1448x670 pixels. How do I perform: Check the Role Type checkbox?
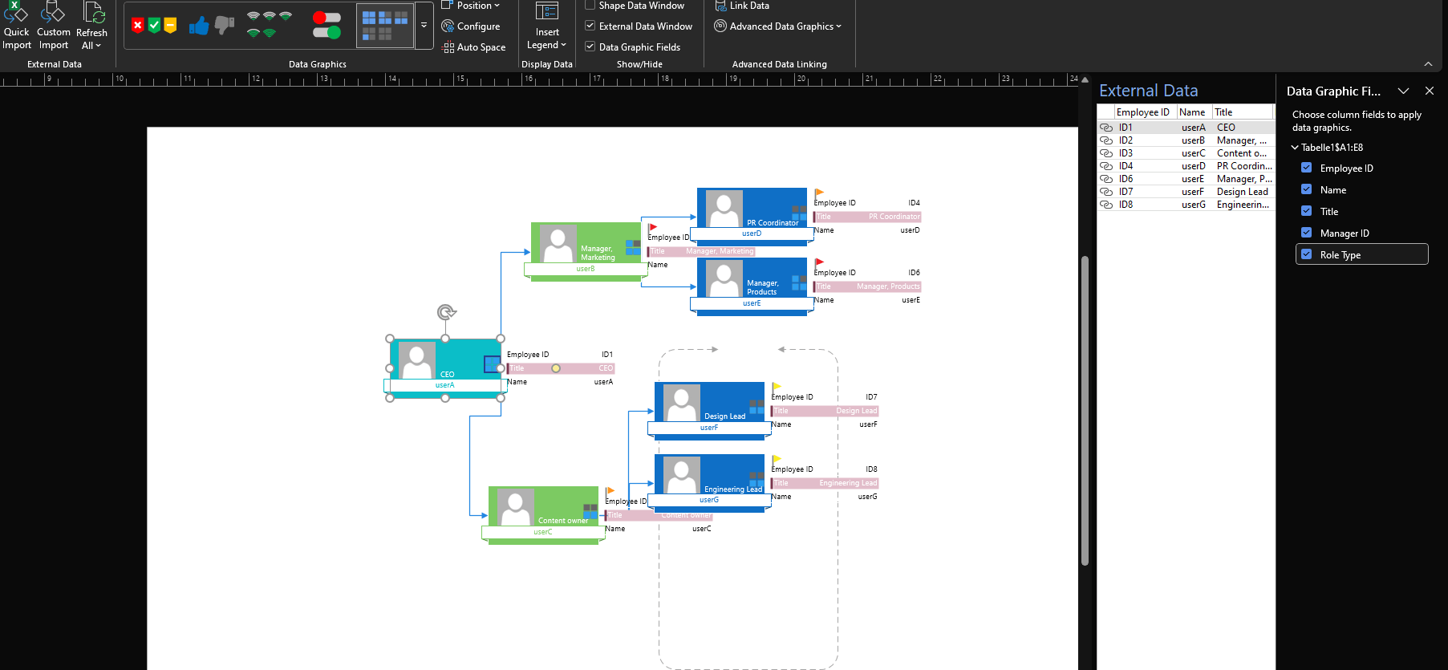click(x=1306, y=254)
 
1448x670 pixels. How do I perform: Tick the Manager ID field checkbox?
click(x=1306, y=233)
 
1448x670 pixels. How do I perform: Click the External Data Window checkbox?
click(x=590, y=26)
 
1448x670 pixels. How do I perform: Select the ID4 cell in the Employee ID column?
click(x=1126, y=166)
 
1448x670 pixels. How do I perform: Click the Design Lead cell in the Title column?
click(x=1242, y=192)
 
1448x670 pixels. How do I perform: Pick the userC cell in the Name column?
click(x=1193, y=153)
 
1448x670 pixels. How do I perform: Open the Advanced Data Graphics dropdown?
click(x=778, y=26)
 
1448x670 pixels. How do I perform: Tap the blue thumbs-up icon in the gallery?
click(x=199, y=26)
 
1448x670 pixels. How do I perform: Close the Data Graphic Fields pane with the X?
click(x=1429, y=91)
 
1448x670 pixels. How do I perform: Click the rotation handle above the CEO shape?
click(x=446, y=311)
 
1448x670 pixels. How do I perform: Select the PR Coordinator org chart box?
click(x=752, y=210)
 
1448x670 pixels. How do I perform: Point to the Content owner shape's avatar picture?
click(x=515, y=508)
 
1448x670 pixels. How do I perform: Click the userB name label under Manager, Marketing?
click(x=586, y=269)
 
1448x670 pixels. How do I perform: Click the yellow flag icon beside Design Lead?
click(x=777, y=387)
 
